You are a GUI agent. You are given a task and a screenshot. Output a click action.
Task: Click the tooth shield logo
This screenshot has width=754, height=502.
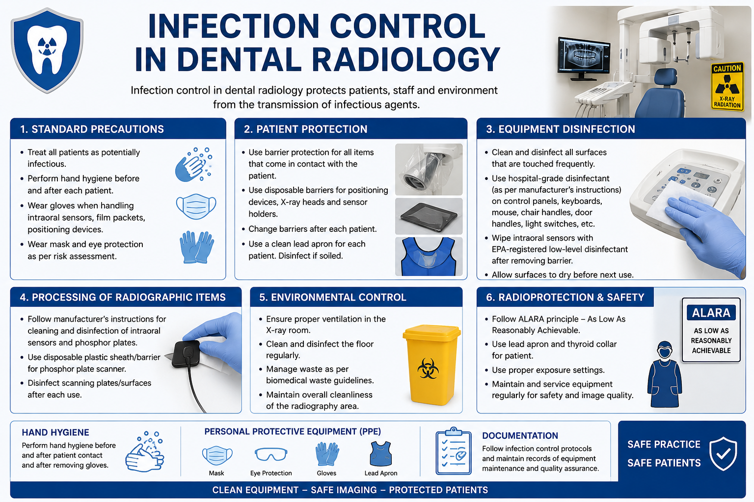47,50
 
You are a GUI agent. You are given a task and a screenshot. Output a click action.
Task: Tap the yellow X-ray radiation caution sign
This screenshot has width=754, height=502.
727,86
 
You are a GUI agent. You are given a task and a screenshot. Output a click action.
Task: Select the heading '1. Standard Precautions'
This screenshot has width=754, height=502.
92,129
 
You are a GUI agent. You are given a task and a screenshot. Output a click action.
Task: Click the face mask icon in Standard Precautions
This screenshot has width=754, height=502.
196,206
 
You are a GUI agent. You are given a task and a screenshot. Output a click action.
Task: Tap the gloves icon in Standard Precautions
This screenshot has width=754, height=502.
196,247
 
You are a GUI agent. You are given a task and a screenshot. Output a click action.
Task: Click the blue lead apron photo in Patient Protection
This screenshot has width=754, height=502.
429,256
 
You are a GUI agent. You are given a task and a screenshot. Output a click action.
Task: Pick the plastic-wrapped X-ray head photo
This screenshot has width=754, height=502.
429,170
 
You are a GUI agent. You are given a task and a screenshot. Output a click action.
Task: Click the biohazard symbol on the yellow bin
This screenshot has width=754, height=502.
428,369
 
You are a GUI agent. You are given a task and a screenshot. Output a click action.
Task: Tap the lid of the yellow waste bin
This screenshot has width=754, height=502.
432,332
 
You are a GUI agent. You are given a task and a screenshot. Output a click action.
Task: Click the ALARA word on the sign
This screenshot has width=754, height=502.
711,313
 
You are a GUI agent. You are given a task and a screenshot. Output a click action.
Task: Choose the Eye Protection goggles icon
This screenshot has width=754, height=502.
271,454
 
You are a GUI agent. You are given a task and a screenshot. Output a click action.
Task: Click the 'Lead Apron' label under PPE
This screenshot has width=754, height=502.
381,473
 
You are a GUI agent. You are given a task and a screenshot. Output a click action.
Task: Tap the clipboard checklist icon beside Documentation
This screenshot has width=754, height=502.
454,451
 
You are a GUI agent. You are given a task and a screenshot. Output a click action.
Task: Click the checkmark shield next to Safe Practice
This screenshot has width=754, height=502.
723,454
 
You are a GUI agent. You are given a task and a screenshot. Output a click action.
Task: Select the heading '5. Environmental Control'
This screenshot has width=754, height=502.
332,297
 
